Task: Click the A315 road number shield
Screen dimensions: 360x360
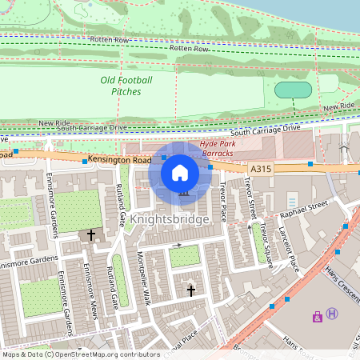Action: [260, 170]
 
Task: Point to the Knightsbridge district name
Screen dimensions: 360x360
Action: [170, 218]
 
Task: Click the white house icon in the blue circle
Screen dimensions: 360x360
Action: [180, 172]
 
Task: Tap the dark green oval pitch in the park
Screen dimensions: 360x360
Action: [293, 90]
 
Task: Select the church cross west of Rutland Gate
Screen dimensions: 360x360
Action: [91, 235]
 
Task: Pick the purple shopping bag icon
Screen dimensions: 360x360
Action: [318, 316]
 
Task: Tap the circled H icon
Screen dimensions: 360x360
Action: [332, 314]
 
